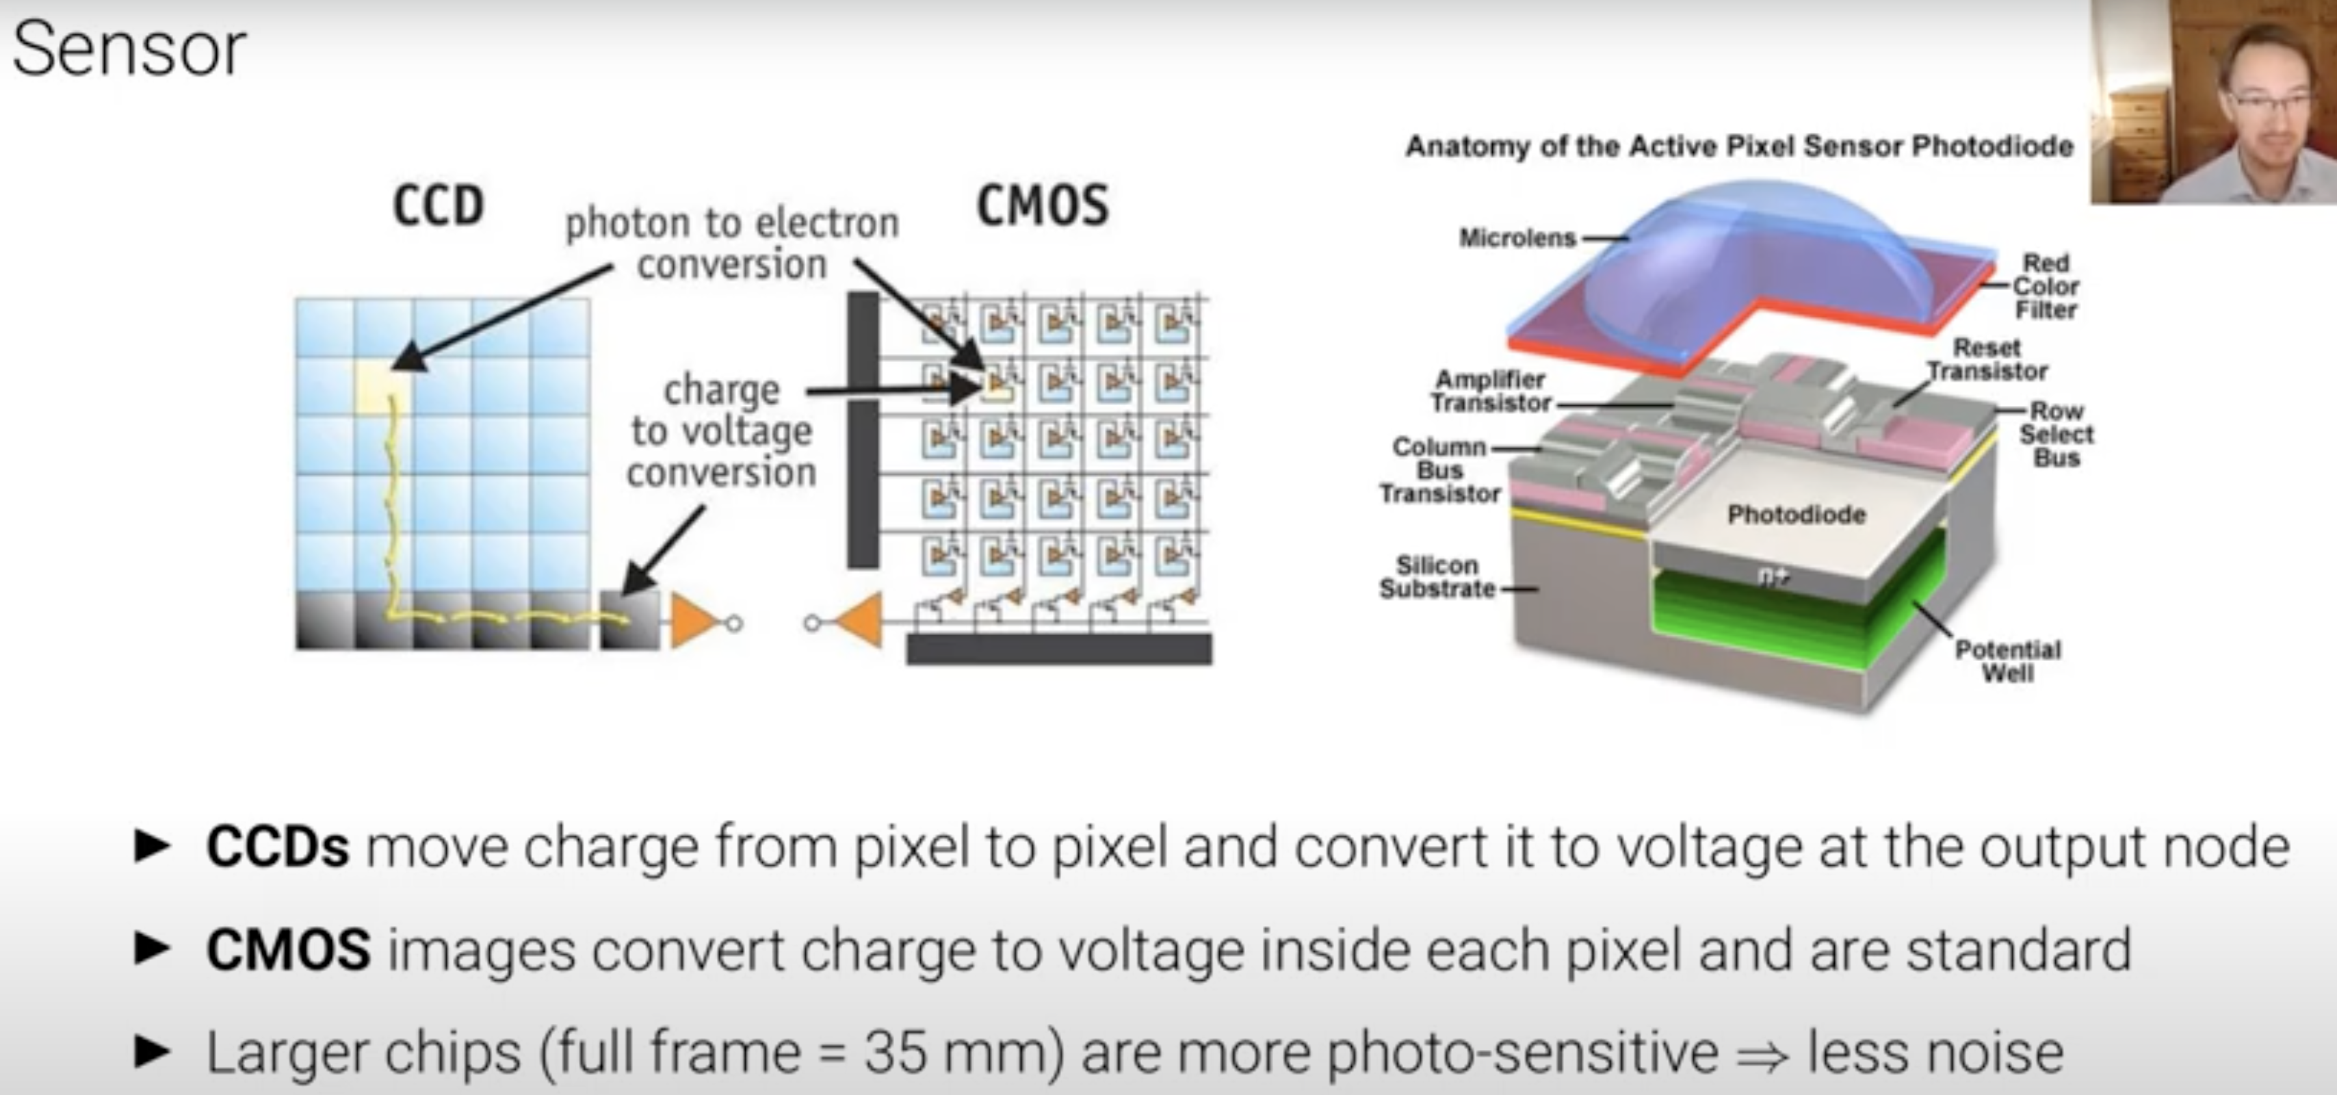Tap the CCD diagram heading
click(438, 206)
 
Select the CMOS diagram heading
click(1043, 206)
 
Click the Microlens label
click(1517, 237)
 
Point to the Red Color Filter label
click(2045, 287)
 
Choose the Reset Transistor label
click(1987, 359)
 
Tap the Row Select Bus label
click(2056, 435)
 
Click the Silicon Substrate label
click(1437, 577)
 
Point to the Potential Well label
click(2007, 661)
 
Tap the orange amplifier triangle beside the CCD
click(691, 621)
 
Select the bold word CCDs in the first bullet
click(278, 847)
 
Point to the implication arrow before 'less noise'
click(1762, 1054)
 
